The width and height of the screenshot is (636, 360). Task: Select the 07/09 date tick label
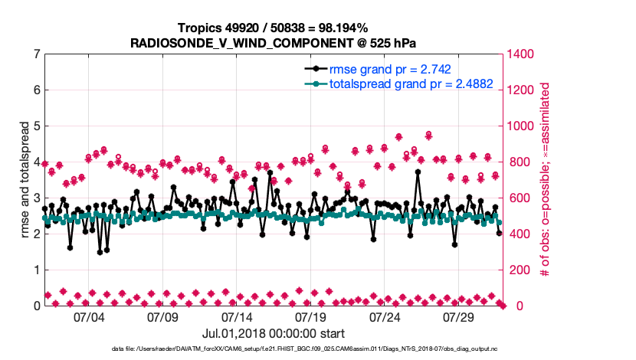click(162, 317)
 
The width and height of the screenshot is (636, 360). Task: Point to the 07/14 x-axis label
click(237, 317)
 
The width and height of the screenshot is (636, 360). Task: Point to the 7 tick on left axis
click(37, 54)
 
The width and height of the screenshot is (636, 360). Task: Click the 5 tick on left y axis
click(37, 126)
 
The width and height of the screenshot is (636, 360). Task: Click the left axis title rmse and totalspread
click(25, 180)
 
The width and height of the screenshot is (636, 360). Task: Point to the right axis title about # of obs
click(546, 180)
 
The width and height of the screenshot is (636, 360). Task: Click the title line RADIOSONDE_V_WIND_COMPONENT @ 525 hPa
click(273, 42)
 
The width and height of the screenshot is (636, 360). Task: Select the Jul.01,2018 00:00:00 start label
click(273, 333)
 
